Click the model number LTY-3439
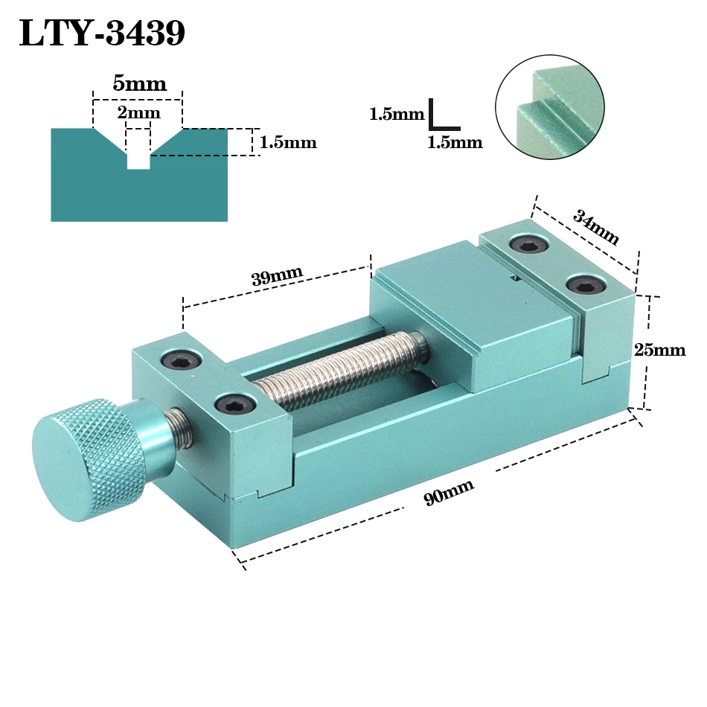tap(101, 33)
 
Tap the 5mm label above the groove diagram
tap(139, 83)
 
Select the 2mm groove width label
tap(139, 113)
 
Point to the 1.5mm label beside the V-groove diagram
tap(288, 142)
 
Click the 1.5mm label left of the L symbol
tap(396, 115)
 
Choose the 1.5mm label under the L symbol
tap(454, 142)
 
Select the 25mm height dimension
tap(659, 349)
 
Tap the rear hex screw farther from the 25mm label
tap(528, 244)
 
